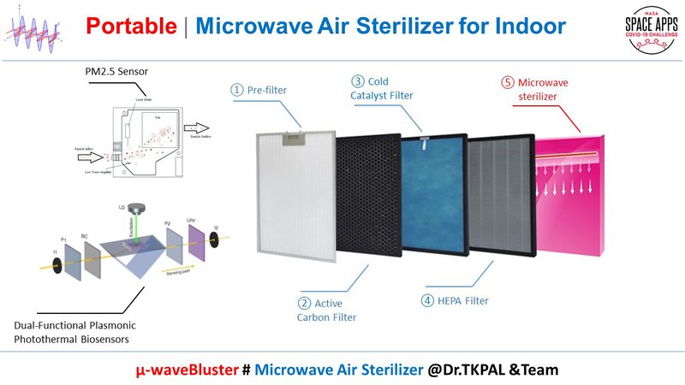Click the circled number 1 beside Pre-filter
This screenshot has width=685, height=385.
click(x=236, y=88)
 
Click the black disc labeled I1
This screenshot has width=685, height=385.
click(x=56, y=266)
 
